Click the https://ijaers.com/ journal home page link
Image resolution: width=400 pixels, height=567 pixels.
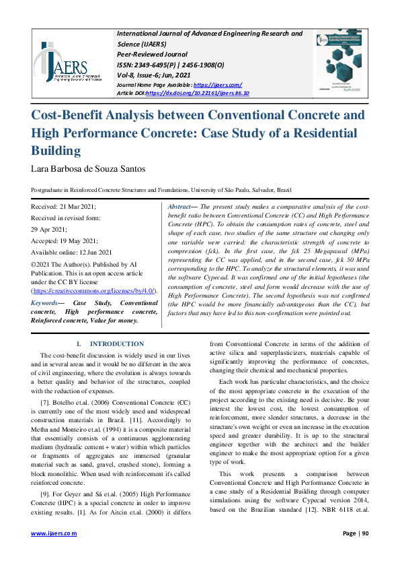point(218,85)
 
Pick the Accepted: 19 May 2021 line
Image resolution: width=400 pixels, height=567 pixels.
point(65,240)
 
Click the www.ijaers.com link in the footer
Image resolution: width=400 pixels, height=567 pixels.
point(54,533)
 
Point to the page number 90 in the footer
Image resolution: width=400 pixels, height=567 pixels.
point(364,533)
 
